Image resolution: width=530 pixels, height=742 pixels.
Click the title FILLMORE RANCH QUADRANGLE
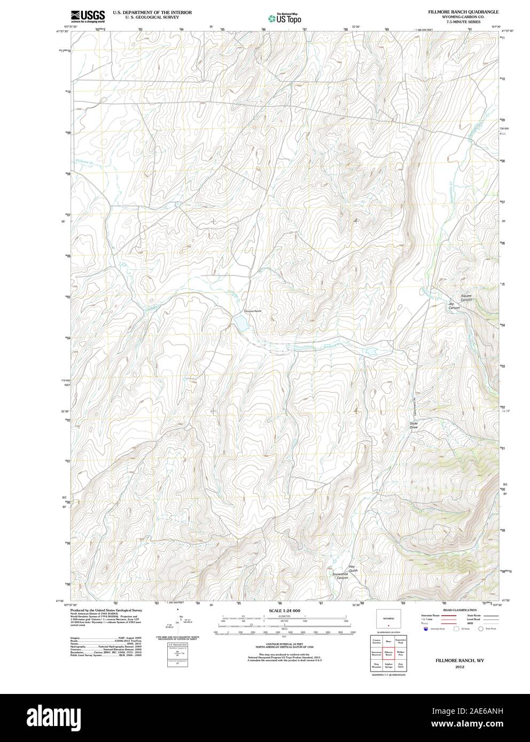[463, 11]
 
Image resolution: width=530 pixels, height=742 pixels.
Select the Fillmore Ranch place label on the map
[253, 311]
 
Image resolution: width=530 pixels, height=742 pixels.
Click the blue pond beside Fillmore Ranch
[240, 323]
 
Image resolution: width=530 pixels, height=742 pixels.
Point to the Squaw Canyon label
[466, 298]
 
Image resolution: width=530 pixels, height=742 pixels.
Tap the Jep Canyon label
[454, 306]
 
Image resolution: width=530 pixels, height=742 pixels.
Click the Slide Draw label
[414, 425]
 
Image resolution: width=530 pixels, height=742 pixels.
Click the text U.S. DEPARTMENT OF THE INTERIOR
[152, 11]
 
